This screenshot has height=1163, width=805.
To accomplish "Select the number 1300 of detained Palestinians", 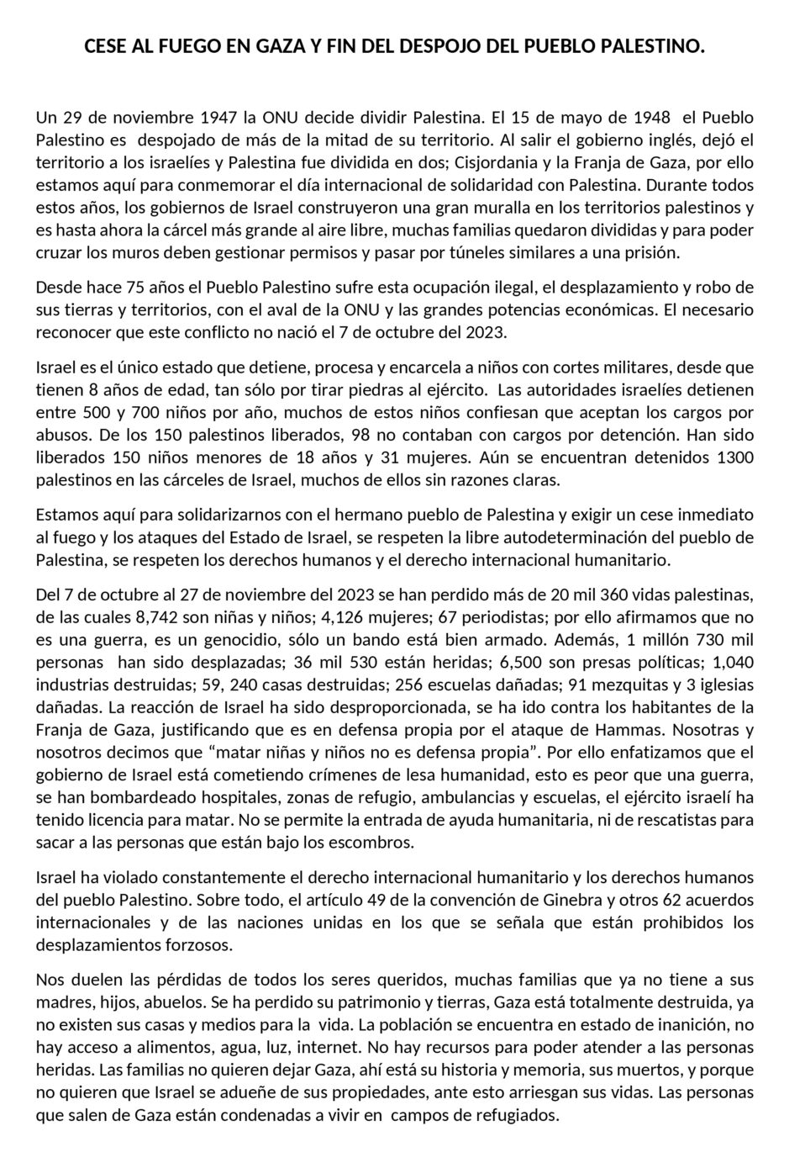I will tap(734, 458).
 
